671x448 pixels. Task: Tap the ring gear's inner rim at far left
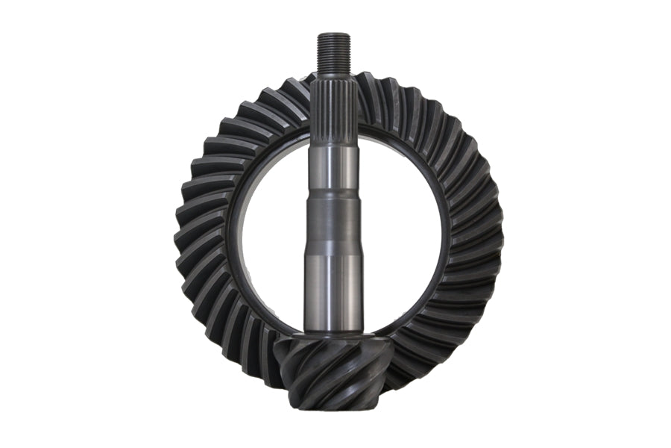[x=232, y=231]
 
